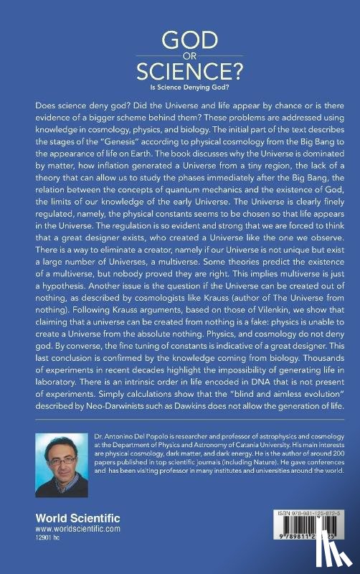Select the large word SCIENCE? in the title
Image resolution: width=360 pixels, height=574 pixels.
click(180, 72)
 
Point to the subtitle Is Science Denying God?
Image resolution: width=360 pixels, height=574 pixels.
click(180, 89)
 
